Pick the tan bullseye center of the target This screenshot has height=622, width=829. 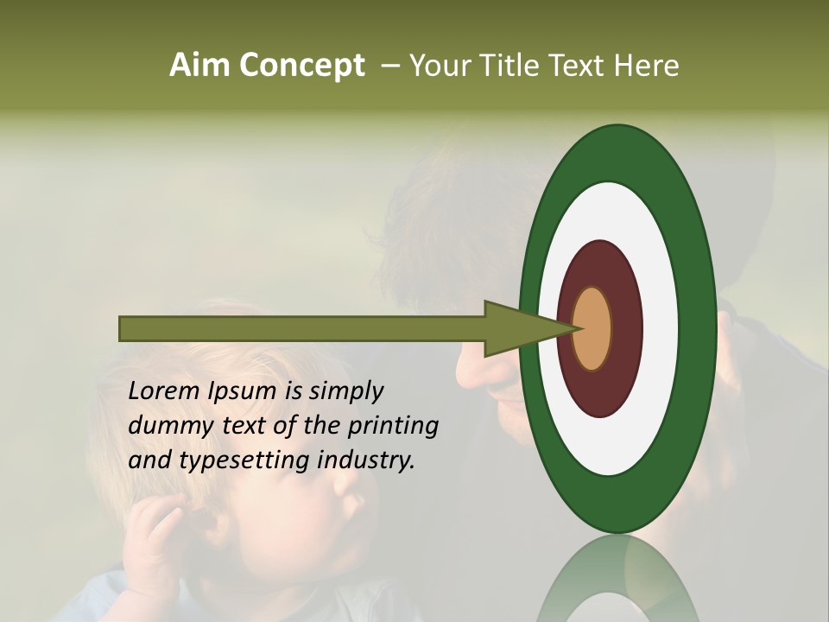pos(592,328)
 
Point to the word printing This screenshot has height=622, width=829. pos(393,426)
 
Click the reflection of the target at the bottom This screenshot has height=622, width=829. pos(618,579)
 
